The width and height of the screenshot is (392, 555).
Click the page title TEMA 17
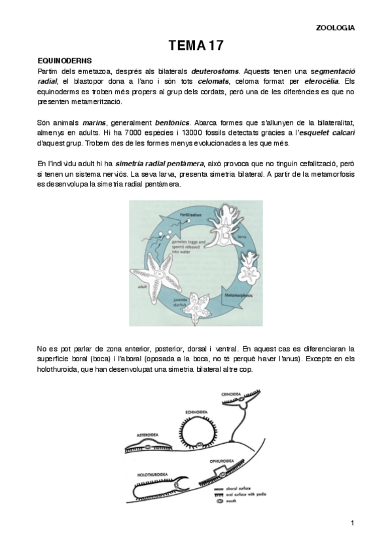196,45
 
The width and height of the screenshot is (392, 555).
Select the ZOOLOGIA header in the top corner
335,27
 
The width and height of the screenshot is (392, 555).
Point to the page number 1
351,522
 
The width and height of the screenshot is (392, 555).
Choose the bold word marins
95,122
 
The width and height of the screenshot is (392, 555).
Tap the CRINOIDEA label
233,393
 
